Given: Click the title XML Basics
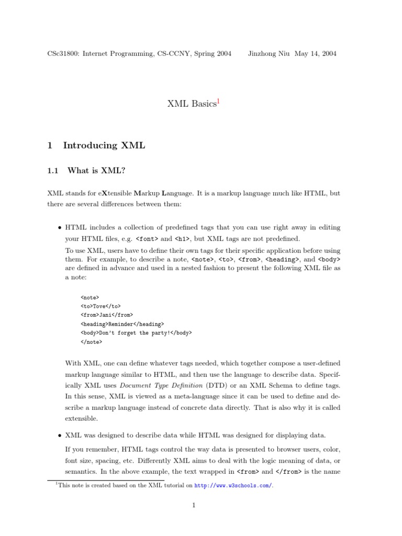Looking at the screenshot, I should tap(191, 104).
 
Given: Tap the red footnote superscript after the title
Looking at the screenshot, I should tap(218, 101).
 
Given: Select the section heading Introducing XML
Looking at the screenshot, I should tap(104, 146).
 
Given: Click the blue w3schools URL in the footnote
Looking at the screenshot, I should tap(233, 486).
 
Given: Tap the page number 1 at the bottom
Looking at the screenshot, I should tap(193, 505).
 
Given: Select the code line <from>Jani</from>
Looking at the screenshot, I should tap(107, 315).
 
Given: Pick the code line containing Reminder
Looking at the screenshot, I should tap(122, 324).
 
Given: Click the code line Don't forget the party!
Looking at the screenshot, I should tap(136, 333).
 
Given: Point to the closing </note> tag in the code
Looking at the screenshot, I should tap(91, 342).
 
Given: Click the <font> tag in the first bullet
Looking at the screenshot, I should tap(147, 239).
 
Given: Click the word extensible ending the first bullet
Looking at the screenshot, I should tap(81, 419).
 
